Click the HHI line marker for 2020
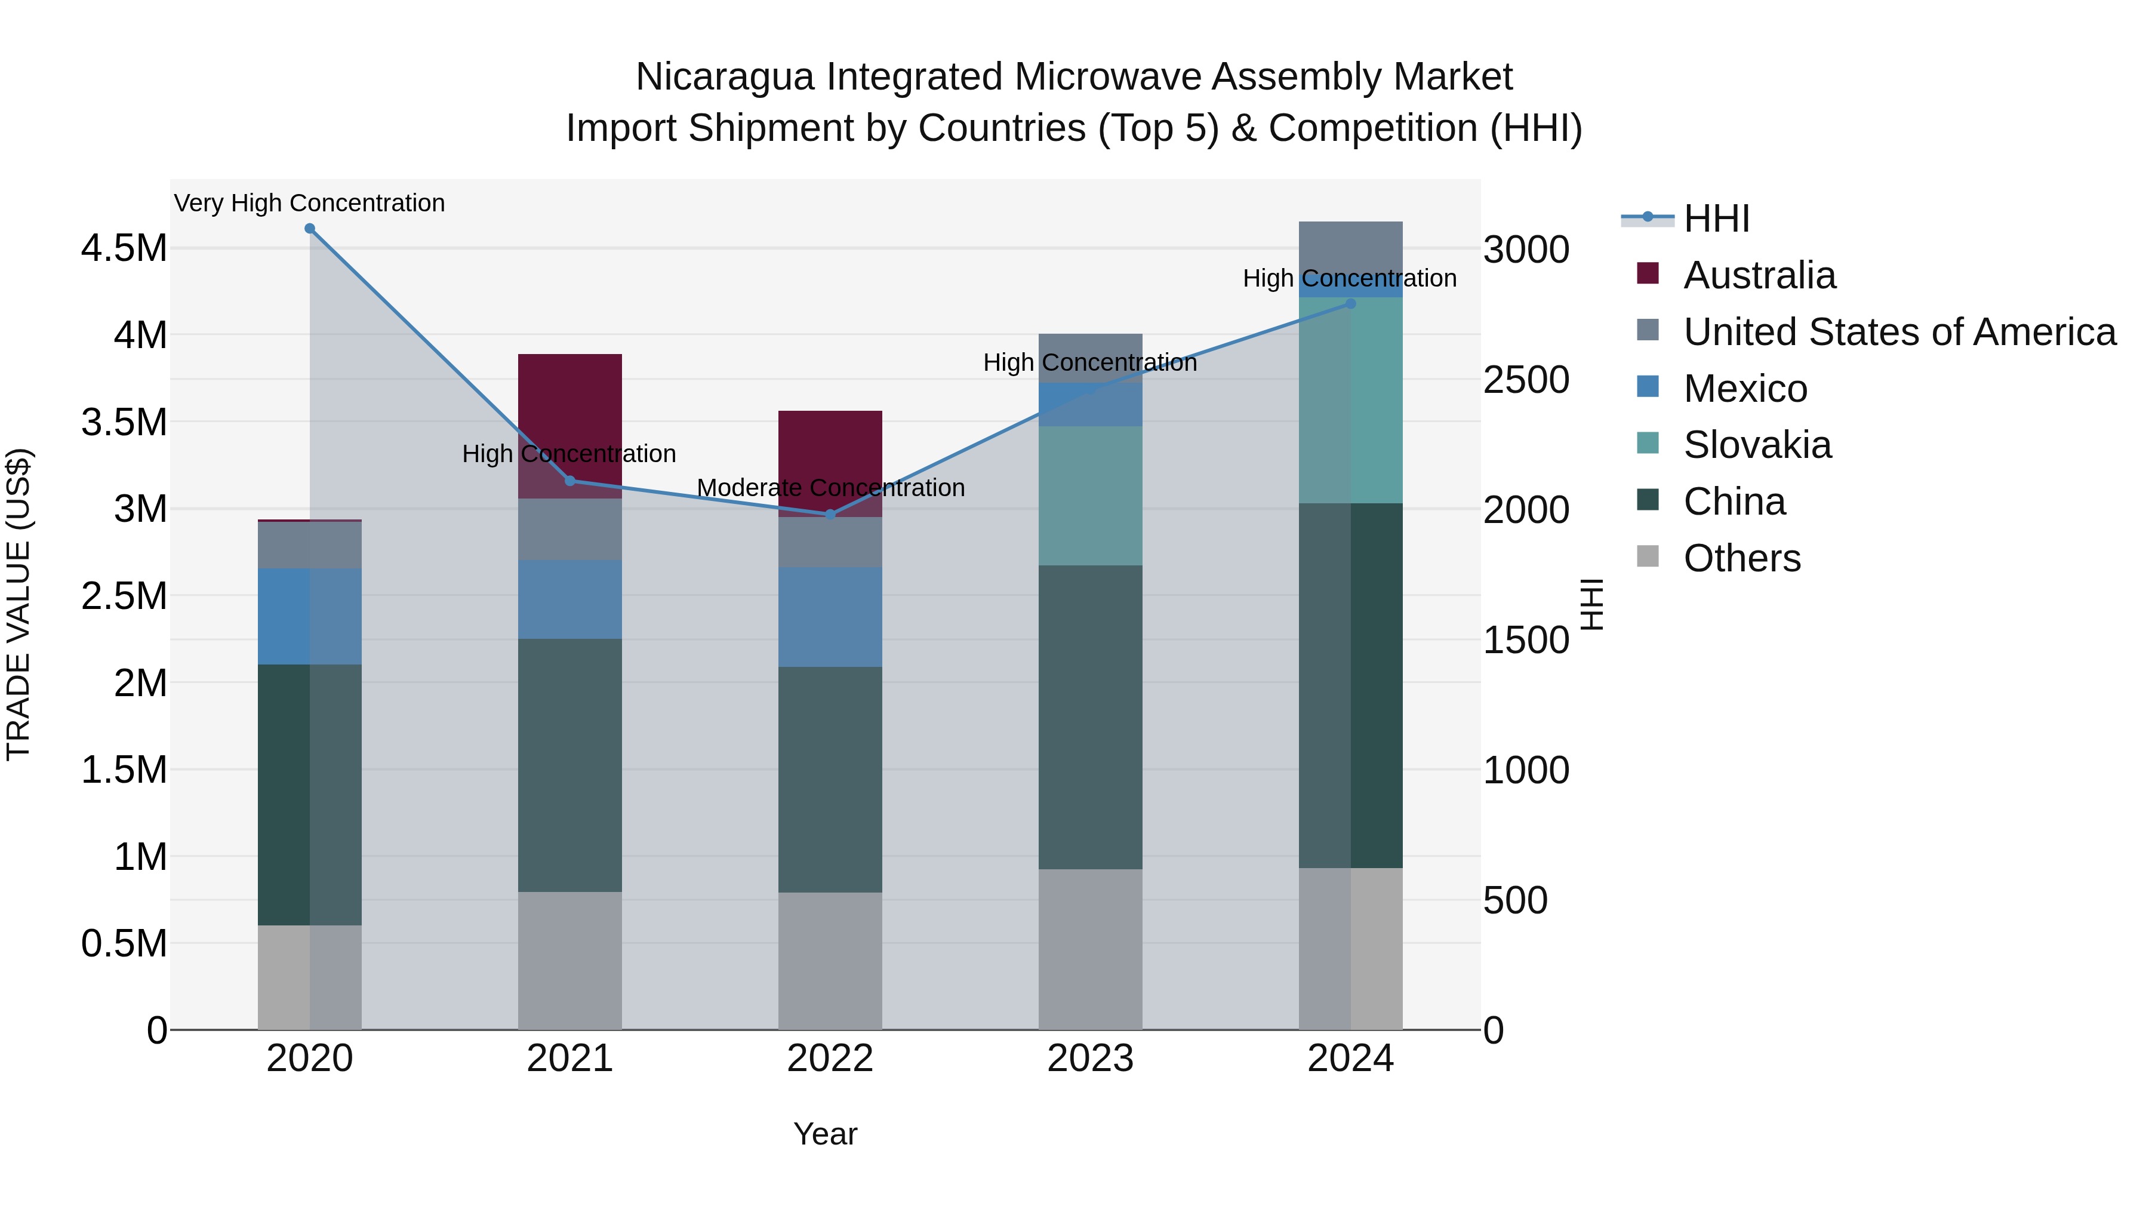[x=309, y=229]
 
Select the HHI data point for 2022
[x=830, y=515]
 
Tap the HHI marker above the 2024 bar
[x=1351, y=304]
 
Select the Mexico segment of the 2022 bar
[x=830, y=617]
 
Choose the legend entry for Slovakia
[x=1757, y=445]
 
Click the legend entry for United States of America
[x=1899, y=332]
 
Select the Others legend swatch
[x=1648, y=556]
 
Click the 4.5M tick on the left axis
[x=124, y=248]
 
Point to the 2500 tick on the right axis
[x=1526, y=380]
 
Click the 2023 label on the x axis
[x=1091, y=1059]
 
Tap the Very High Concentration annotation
[x=309, y=203]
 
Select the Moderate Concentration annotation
[x=830, y=487]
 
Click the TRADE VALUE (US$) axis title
[x=19, y=604]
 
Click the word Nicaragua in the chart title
[x=725, y=77]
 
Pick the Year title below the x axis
[x=825, y=1134]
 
